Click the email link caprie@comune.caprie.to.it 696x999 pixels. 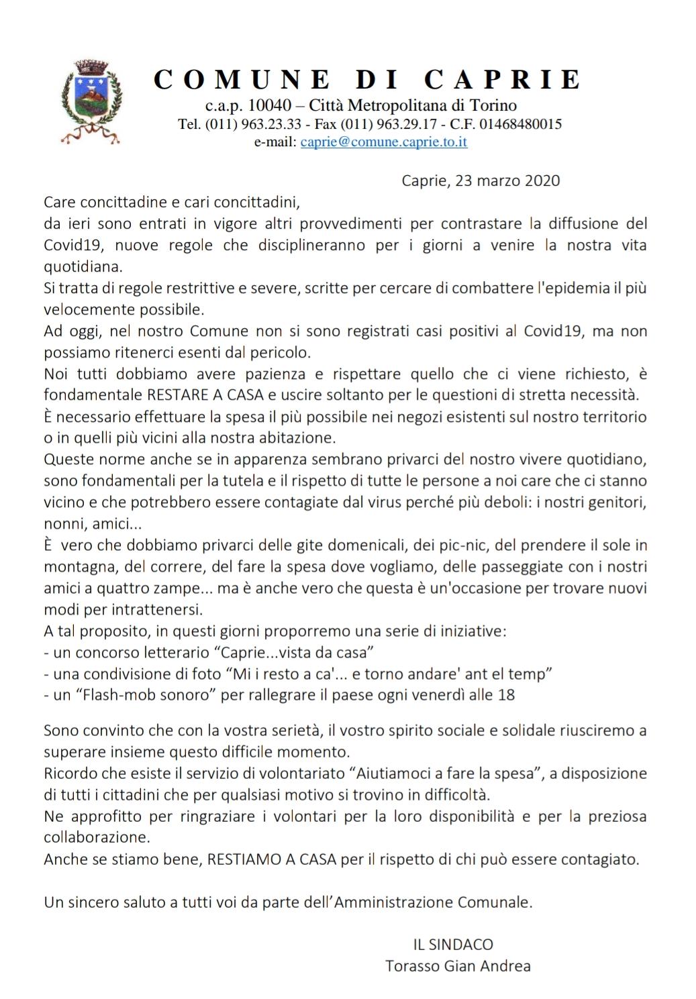384,142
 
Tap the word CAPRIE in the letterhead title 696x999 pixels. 502,80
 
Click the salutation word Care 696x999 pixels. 60,201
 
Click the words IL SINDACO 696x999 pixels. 453,945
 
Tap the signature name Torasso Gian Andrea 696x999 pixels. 458,966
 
